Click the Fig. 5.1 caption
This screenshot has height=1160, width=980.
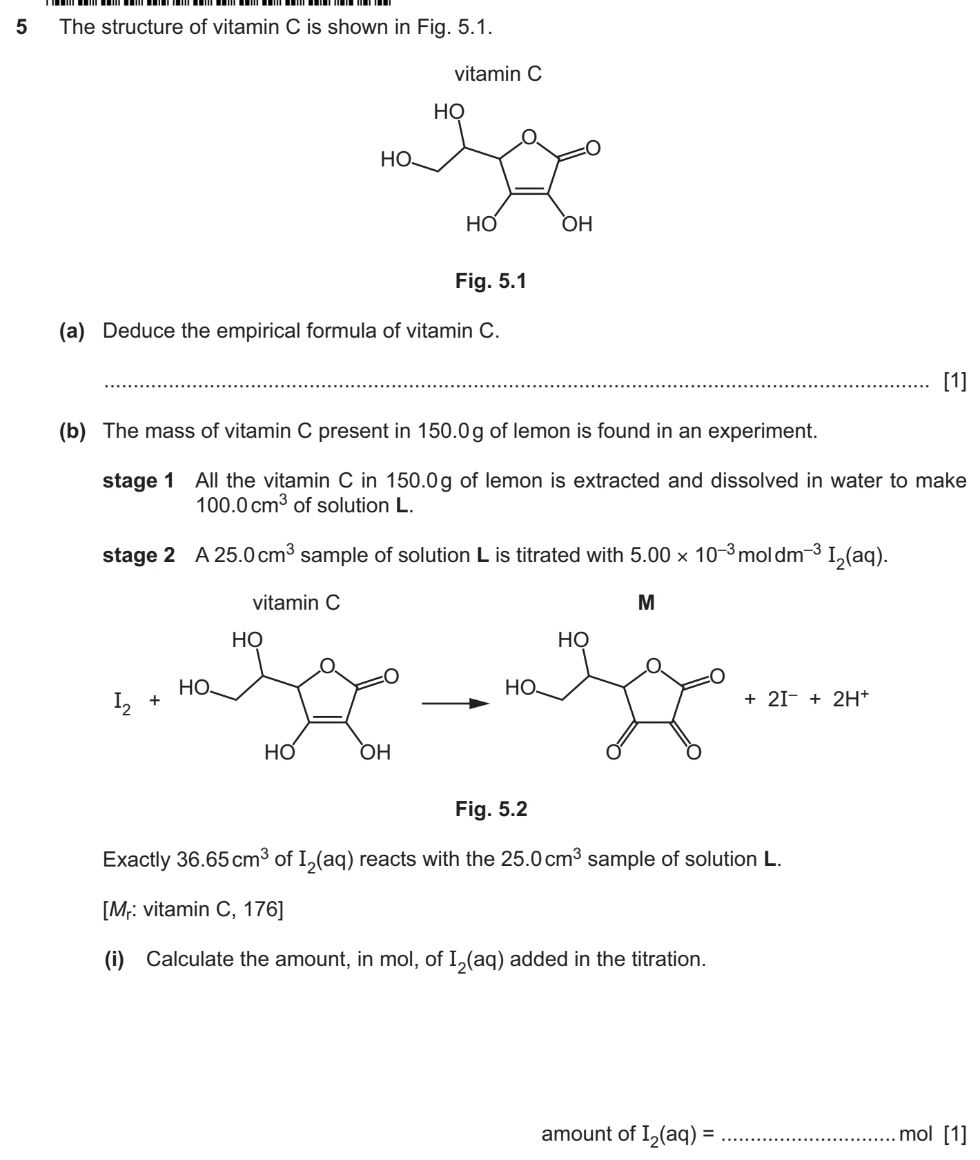coord(491,281)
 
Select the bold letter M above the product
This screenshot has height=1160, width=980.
coord(646,603)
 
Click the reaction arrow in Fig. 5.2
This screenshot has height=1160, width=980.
coord(455,704)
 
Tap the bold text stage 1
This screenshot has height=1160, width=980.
coord(138,481)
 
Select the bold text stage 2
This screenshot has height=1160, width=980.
coord(138,556)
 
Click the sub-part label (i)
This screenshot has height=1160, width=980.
coord(114,959)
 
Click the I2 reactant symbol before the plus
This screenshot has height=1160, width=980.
coord(121,703)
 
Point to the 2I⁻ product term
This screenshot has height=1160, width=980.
coord(783,699)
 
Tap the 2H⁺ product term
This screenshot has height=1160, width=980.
coord(850,699)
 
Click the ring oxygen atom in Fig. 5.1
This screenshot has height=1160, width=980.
coord(529,137)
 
